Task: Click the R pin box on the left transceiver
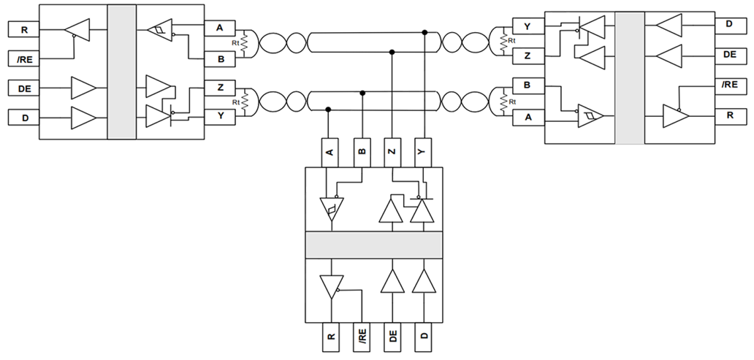[x=24, y=30]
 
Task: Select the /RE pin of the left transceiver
[x=24, y=58]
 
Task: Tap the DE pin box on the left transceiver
[x=24, y=88]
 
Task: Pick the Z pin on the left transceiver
[x=220, y=86]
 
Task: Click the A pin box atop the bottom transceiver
[x=330, y=152]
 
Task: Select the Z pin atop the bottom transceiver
[x=392, y=152]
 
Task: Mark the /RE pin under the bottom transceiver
[x=362, y=337]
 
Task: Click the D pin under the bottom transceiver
[x=424, y=337]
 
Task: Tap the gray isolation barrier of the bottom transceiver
[x=373, y=245]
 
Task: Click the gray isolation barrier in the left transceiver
[x=121, y=72]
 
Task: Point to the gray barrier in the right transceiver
[x=630, y=77]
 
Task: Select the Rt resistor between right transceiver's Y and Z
[x=503, y=42]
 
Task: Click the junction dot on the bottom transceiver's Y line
[x=424, y=32]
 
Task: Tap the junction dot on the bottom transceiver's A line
[x=330, y=110]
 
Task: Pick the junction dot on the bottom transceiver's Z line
[x=392, y=52]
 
